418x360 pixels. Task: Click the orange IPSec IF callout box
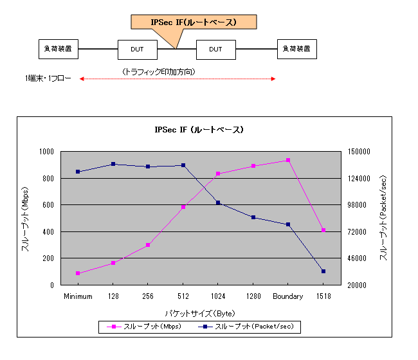(194, 22)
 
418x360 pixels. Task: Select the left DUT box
(137, 49)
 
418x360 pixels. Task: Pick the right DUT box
(215, 49)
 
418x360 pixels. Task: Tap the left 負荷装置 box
(58, 48)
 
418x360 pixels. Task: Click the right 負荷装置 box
(297, 48)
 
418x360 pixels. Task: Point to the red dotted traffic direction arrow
(177, 79)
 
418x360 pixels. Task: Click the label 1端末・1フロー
(44, 78)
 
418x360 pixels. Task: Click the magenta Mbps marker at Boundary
(288, 160)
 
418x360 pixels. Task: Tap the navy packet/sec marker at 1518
(323, 271)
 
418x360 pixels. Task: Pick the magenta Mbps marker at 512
(183, 207)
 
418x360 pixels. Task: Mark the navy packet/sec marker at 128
(113, 164)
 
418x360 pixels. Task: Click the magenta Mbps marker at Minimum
(78, 273)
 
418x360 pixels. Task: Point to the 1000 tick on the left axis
(48, 152)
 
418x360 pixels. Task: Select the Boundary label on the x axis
(287, 296)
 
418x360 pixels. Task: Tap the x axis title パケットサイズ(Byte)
(199, 313)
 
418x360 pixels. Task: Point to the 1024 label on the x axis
(217, 296)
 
